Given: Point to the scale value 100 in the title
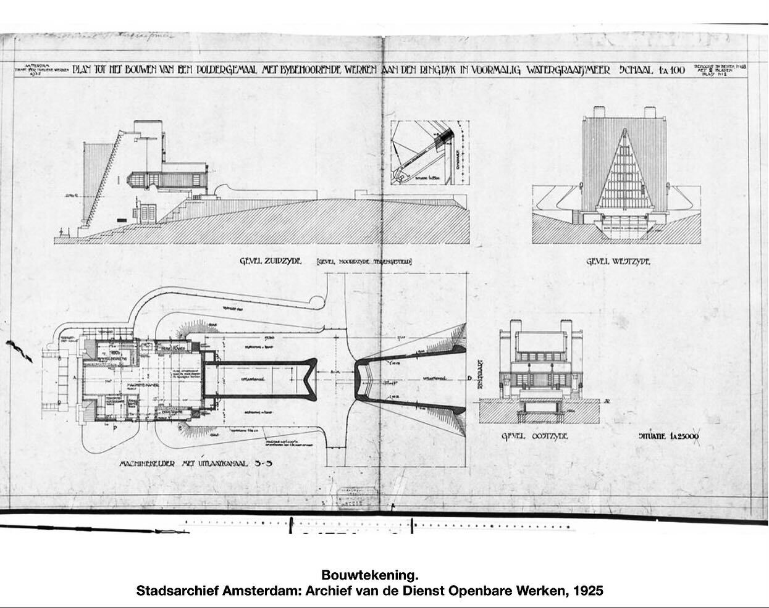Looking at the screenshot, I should pyautogui.click(x=676, y=70).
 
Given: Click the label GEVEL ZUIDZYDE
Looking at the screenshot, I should pyautogui.click(x=271, y=261).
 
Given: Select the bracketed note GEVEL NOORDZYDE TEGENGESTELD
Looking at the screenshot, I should pyautogui.click(x=364, y=262).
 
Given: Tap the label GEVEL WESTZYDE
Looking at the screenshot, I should pyautogui.click(x=618, y=262).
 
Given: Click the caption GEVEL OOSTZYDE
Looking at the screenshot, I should pyautogui.click(x=534, y=436).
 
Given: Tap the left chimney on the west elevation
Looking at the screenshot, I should pyautogui.click(x=599, y=112).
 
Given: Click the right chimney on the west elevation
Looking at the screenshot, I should pyautogui.click(x=652, y=112).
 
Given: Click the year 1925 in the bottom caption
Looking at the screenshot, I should pyautogui.click(x=588, y=591).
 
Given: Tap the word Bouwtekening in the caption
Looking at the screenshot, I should pyautogui.click(x=366, y=575).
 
